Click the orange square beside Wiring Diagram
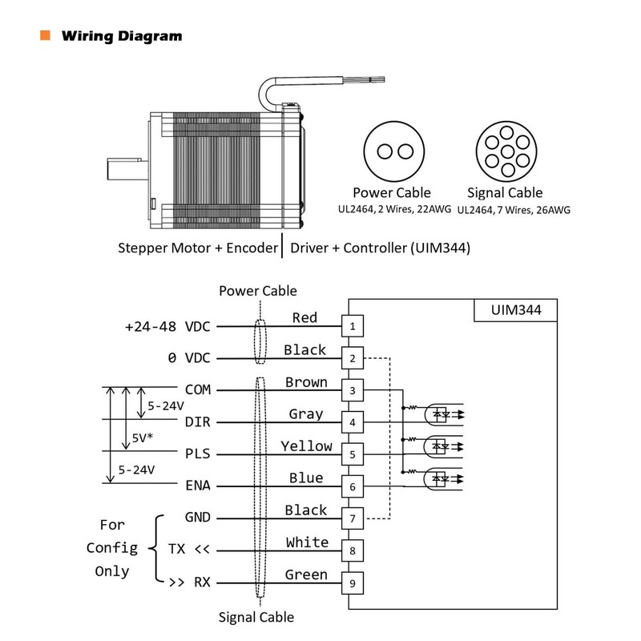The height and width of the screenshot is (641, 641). pyautogui.click(x=45, y=36)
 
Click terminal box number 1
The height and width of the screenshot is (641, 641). pyautogui.click(x=353, y=326)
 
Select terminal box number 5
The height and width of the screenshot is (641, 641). pyautogui.click(x=353, y=454)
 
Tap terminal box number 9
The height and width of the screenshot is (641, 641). pyautogui.click(x=353, y=583)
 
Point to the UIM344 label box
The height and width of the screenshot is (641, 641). pyautogui.click(x=515, y=309)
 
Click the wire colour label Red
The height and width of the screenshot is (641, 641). pyautogui.click(x=304, y=317)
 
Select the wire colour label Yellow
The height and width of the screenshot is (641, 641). pyautogui.click(x=305, y=445)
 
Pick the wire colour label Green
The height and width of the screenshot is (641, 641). pyautogui.click(x=306, y=574)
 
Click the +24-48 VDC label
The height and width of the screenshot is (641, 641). pyautogui.click(x=167, y=327)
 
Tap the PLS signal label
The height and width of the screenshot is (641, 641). pyautogui.click(x=198, y=454)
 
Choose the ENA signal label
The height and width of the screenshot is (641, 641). pyautogui.click(x=198, y=486)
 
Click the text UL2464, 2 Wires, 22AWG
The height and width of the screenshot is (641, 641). pyautogui.click(x=392, y=210)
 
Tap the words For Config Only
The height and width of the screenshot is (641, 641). pyautogui.click(x=112, y=548)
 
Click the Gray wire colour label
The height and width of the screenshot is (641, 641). pyautogui.click(x=306, y=413)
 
